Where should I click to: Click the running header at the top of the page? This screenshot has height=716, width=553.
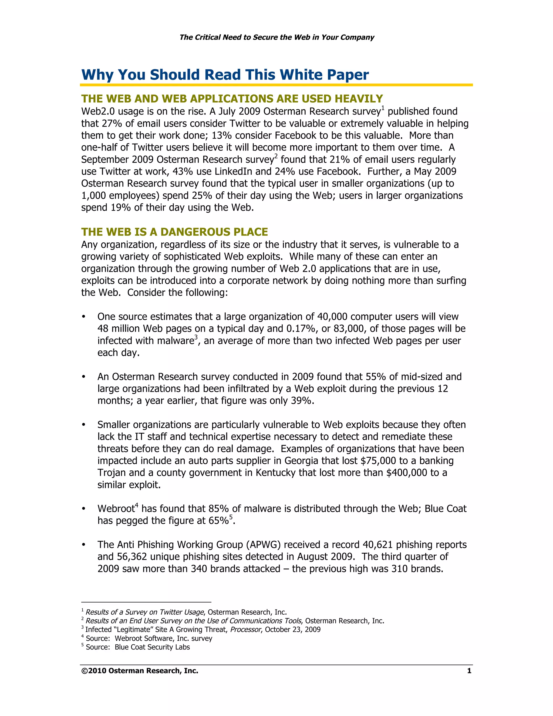click(x=276, y=37)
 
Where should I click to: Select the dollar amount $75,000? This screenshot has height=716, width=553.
click(x=378, y=461)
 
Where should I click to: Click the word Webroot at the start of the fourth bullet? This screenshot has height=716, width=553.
click(x=116, y=509)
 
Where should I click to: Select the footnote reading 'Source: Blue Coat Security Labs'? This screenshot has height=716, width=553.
click(x=138, y=647)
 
